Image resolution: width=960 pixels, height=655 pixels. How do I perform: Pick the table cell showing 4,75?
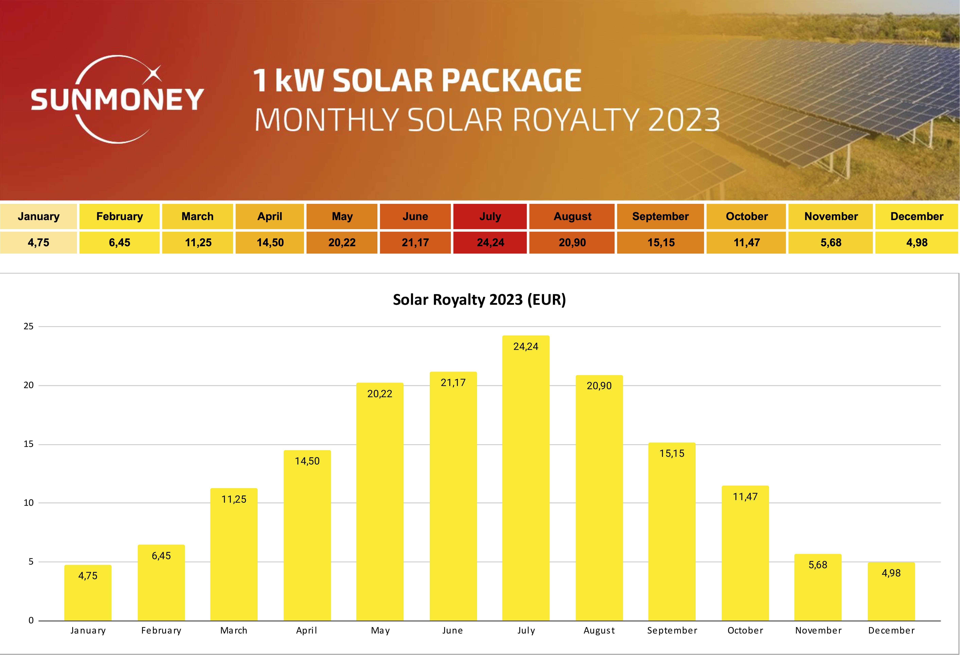[38, 243]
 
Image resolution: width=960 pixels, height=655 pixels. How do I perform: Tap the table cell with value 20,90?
[572, 243]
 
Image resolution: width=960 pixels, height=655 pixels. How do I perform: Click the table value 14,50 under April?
[270, 243]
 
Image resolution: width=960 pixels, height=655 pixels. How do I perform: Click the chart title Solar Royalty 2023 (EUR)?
[479, 299]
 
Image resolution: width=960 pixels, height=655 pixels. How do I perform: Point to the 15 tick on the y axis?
[29, 444]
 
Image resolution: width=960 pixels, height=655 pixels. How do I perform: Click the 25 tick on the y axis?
[29, 326]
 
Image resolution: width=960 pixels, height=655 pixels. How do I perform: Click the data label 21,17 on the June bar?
[453, 383]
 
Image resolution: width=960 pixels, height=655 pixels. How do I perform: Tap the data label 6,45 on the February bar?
[161, 556]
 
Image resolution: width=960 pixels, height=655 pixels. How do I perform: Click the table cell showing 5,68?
[831, 243]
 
